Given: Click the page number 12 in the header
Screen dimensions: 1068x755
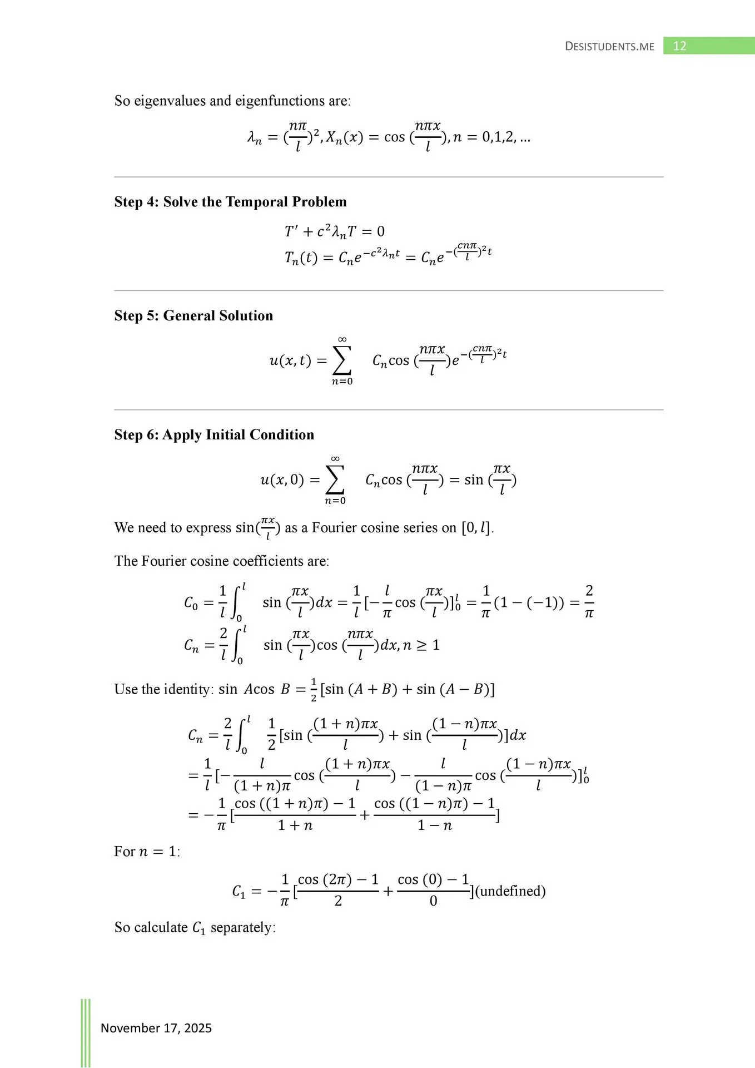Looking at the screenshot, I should point(679,46).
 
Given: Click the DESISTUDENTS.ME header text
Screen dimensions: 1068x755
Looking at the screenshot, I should point(609,47).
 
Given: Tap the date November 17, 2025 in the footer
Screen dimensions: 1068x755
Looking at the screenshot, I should point(156,1028).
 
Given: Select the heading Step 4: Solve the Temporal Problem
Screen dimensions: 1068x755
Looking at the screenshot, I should point(230,202).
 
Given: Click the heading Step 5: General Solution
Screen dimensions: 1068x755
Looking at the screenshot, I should point(193,316).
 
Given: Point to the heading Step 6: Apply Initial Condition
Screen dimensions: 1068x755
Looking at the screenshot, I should point(214,435).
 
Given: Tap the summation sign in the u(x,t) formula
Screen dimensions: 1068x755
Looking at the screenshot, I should point(342,360).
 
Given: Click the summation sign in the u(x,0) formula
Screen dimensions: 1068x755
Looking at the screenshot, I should point(335,479).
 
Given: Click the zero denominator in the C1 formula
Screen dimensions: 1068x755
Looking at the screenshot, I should point(434,901).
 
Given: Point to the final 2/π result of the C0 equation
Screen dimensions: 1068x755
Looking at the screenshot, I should point(589,602).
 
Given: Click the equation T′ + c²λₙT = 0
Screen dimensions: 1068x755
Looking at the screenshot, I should point(334,231).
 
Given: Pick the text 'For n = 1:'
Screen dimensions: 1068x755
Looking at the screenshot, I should point(147,852).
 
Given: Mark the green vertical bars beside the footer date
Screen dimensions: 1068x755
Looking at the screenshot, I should point(86,1032).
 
